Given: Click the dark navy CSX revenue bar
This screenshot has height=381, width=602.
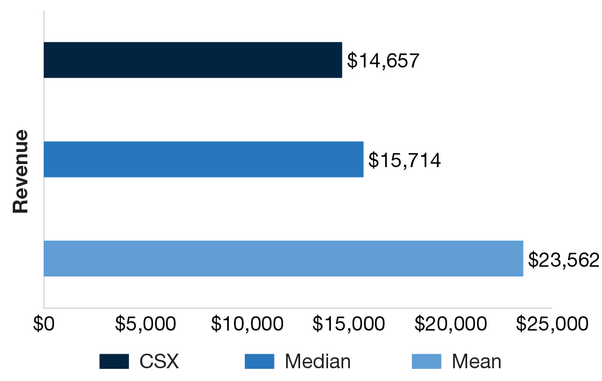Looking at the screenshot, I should (x=193, y=60).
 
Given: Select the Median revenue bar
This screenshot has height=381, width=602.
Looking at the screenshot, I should (x=204, y=159).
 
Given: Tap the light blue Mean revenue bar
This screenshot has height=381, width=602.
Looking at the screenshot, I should (x=283, y=259).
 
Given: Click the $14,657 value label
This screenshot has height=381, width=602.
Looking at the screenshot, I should (x=383, y=61).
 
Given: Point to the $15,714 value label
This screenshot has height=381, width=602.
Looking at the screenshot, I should (x=404, y=160).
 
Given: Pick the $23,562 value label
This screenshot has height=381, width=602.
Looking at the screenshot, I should (x=563, y=260).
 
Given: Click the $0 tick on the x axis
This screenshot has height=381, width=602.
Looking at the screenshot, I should (x=44, y=324).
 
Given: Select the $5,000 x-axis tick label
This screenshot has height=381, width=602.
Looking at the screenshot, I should (x=145, y=324).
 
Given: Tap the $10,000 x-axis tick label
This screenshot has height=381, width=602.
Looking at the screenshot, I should (x=247, y=324).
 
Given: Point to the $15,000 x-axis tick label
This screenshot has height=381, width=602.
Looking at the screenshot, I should (x=349, y=324).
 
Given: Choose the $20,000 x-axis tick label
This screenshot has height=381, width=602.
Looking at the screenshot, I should (x=450, y=324).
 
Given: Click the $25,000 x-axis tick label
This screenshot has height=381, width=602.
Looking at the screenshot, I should (x=552, y=324).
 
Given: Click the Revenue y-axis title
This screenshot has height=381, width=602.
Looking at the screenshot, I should (x=21, y=171).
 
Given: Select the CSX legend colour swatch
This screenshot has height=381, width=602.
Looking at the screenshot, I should (x=114, y=362).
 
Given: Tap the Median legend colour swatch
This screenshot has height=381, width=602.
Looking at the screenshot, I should (x=259, y=362).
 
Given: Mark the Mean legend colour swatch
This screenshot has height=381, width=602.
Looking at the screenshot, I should (x=426, y=362).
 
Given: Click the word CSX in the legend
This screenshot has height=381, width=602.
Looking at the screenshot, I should (x=159, y=362).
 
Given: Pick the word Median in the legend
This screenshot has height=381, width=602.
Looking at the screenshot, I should (x=318, y=362).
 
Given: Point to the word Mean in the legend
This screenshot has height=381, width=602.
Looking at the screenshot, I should (x=476, y=362).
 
